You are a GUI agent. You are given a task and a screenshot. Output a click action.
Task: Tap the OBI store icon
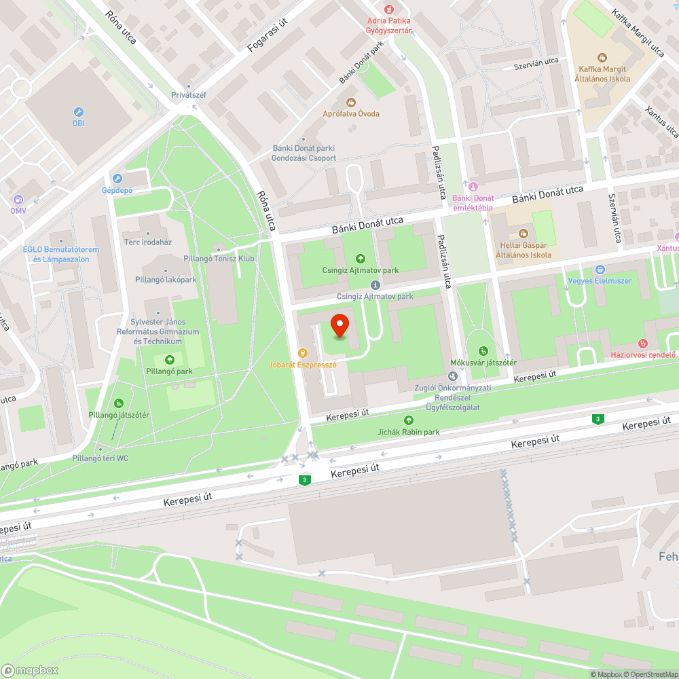pyautogui.click(x=79, y=112)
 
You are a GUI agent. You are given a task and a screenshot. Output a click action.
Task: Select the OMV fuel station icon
pyautogui.click(x=18, y=200)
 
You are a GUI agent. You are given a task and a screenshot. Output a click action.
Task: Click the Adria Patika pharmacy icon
pyautogui.click(x=389, y=9)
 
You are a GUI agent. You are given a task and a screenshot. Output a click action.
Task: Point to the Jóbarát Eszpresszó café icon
pyautogui.click(x=303, y=353)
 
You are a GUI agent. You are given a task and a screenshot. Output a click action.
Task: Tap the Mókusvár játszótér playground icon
pyautogui.click(x=483, y=351)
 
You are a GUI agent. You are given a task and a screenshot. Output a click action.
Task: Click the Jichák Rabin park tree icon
pyautogui.click(x=408, y=420)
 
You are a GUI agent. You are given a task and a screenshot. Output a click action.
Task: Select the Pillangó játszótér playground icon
pyautogui.click(x=119, y=403)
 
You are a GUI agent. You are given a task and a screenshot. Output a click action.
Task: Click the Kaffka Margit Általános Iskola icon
pyautogui.click(x=601, y=58)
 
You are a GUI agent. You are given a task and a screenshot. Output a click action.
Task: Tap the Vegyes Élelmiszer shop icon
pyautogui.click(x=600, y=270)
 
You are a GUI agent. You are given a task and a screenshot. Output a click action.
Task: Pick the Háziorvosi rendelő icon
pyautogui.click(x=644, y=344)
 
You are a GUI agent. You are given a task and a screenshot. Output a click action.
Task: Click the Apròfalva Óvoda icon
pyautogui.click(x=351, y=103)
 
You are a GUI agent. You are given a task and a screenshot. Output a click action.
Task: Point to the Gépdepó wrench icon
pyautogui.click(x=117, y=179)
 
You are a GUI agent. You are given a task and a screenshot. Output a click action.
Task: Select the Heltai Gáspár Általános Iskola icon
pyautogui.click(x=523, y=233)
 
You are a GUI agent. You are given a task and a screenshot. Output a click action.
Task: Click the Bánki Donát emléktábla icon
pyautogui.click(x=473, y=187)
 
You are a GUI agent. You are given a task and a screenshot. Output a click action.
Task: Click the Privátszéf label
pyautogui.click(x=188, y=95)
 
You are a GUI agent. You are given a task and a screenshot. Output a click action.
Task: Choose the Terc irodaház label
pyautogui.click(x=147, y=242)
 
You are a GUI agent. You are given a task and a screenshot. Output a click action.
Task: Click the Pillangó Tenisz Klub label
pyautogui.click(x=219, y=258)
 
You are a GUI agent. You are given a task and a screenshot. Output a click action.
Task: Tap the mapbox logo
pyautogui.click(x=30, y=669)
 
